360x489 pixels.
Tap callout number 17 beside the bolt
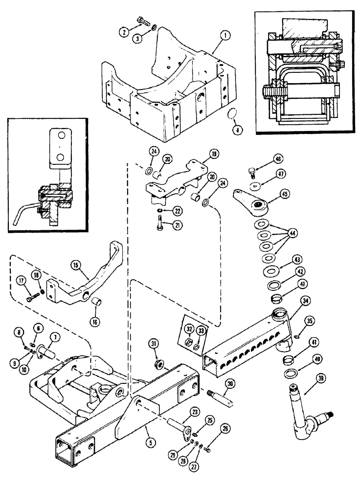(x=22, y=281)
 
